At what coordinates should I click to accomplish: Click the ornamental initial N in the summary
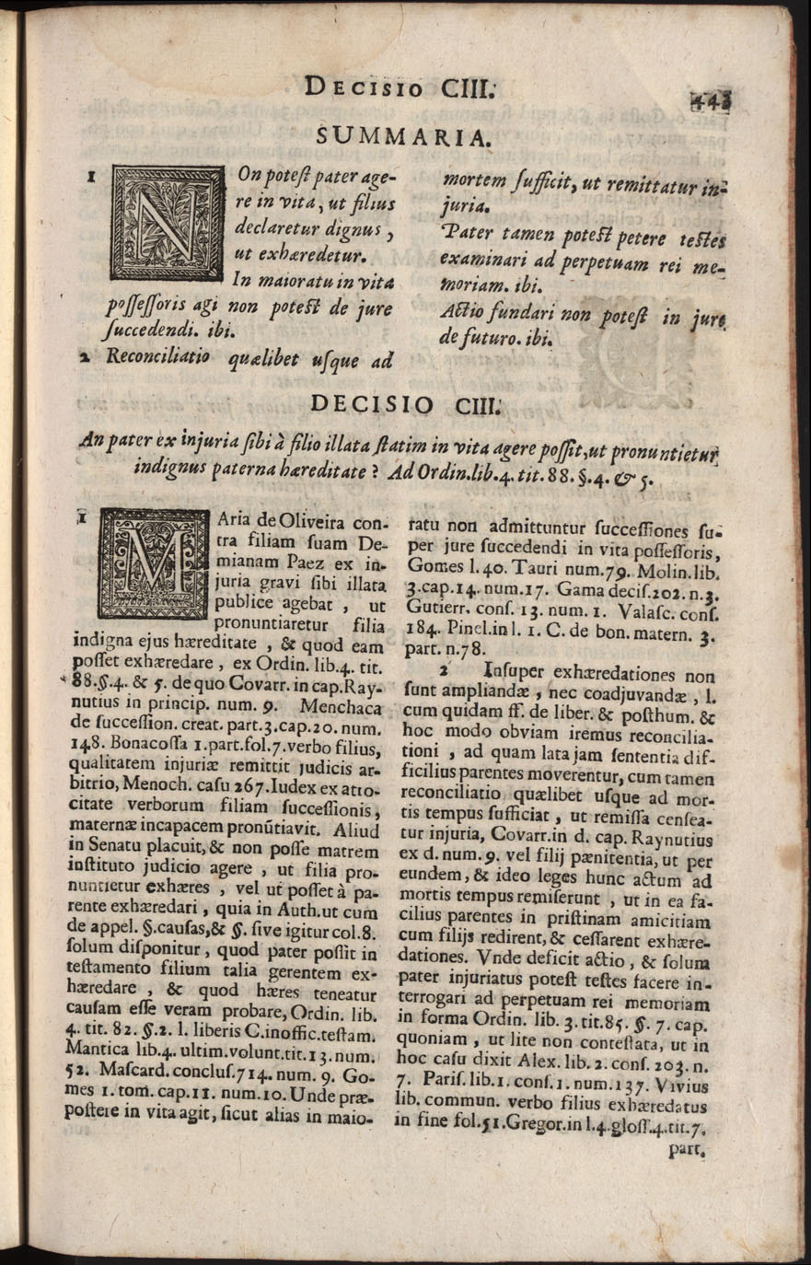[x=166, y=221]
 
